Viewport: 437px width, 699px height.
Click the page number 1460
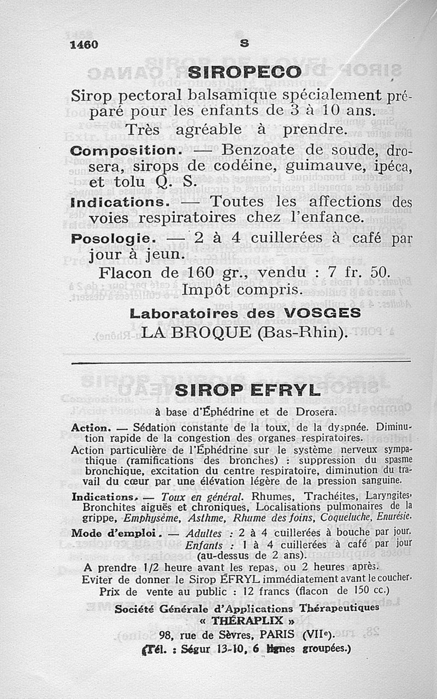pyautogui.click(x=84, y=45)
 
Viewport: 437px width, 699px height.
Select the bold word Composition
pyautogui.click(x=123, y=150)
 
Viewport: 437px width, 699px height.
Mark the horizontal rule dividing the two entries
pyautogui.click(x=240, y=362)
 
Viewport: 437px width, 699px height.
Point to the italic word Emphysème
pyautogui.click(x=149, y=517)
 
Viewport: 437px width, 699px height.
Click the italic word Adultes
pyautogui.click(x=203, y=534)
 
